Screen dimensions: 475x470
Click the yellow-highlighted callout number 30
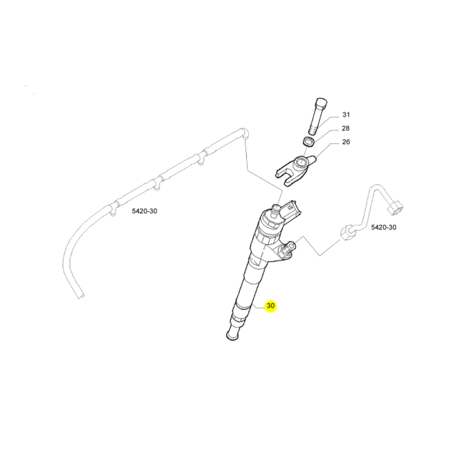point(271,306)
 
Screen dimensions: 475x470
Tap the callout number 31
point(346,115)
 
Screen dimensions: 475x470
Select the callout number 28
point(345,128)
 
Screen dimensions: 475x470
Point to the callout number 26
point(346,142)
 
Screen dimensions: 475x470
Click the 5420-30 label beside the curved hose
point(145,211)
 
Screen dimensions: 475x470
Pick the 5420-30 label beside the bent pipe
point(384,227)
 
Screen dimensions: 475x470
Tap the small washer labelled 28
point(309,142)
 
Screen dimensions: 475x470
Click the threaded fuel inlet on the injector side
point(289,248)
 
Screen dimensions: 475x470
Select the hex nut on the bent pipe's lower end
point(346,233)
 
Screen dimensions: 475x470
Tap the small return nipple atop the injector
point(276,208)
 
